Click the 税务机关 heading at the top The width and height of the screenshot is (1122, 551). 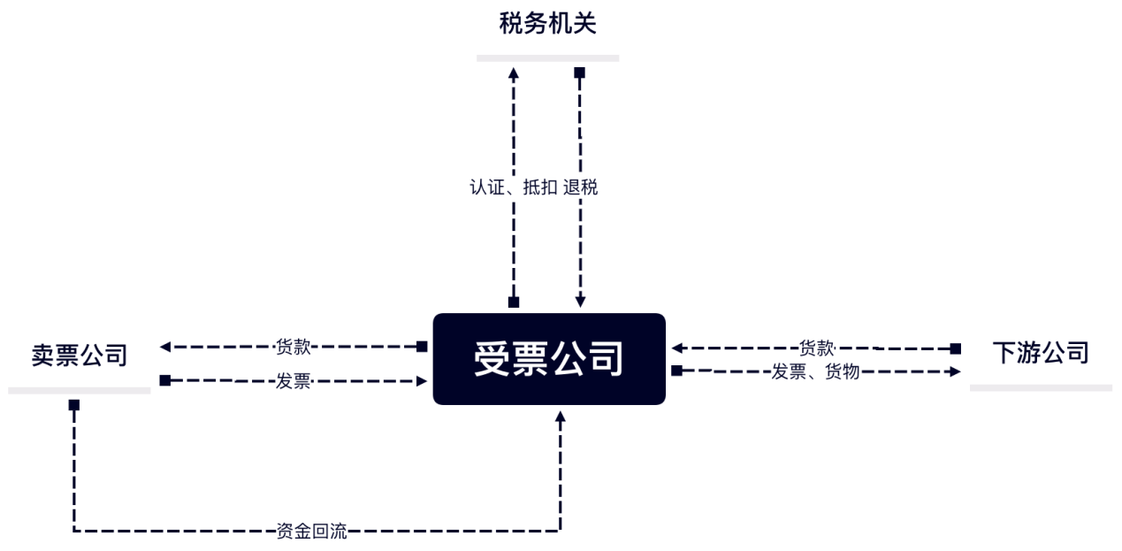(547, 24)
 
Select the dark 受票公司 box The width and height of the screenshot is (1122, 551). (549, 359)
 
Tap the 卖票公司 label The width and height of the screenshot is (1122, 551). (80, 356)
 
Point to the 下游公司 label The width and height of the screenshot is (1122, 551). (1041, 353)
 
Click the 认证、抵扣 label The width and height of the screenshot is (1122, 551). (514, 187)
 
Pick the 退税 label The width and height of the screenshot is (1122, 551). (581, 187)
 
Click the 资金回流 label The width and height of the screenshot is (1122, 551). (311, 531)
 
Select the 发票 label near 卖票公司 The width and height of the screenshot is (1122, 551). (293, 381)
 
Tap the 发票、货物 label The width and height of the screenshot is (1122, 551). (815, 371)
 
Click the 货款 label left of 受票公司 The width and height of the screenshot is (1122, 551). (293, 347)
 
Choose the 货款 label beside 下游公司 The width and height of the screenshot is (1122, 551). (816, 348)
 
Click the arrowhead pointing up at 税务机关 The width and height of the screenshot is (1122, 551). (514, 73)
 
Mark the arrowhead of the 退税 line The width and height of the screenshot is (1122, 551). (580, 301)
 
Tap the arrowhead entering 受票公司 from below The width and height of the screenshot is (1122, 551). (560, 417)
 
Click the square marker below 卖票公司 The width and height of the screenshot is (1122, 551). (74, 405)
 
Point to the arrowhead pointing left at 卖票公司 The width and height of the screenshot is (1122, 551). (165, 347)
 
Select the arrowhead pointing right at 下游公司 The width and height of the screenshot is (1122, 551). (955, 371)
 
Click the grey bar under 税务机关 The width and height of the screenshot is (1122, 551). (547, 58)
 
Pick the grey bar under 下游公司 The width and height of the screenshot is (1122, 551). (1041, 388)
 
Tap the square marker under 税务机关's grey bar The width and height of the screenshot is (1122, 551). (579, 73)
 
